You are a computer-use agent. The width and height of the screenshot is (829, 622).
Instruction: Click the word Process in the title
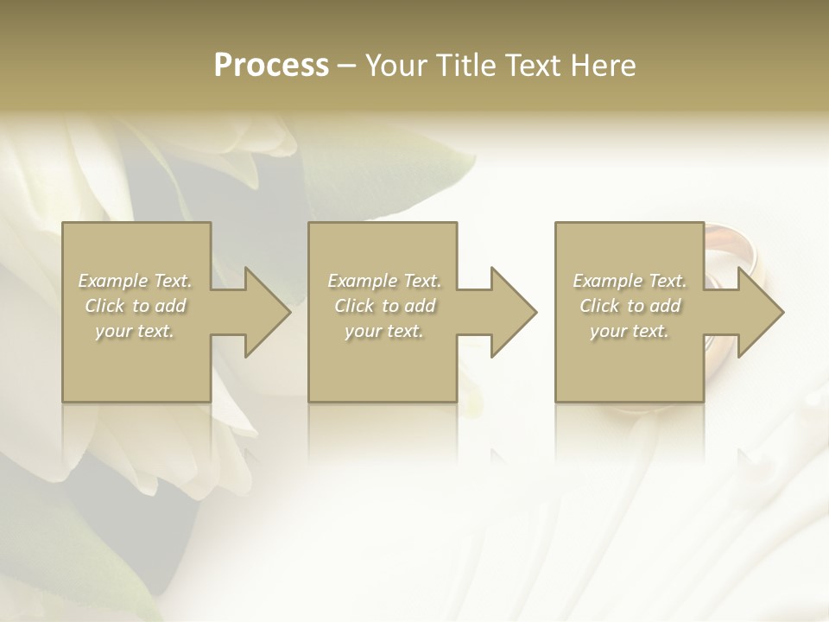click(271, 66)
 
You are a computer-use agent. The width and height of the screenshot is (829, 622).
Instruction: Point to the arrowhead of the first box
click(263, 312)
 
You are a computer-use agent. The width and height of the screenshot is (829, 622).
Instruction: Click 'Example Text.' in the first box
click(136, 281)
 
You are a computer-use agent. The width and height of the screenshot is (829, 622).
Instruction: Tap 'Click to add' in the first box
click(136, 306)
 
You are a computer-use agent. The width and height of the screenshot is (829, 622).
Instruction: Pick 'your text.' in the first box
click(136, 331)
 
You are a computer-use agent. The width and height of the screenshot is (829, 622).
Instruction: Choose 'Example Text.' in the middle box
click(384, 281)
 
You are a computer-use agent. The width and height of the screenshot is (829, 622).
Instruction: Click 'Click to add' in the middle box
click(384, 306)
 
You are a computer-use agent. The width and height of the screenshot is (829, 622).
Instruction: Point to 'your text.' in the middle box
click(384, 331)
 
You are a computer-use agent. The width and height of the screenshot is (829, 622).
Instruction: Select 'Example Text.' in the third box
click(630, 281)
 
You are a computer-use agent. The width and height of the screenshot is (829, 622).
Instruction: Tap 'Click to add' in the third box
click(630, 306)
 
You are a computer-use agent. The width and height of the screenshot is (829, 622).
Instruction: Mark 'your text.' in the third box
click(630, 331)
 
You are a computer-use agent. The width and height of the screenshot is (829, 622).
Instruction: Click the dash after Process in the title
click(347, 67)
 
